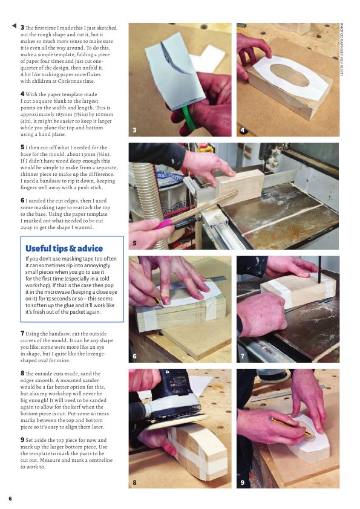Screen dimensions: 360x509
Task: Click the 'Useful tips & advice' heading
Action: (64, 248)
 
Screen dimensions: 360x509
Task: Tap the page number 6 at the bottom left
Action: (10, 498)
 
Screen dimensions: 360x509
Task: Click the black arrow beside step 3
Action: (14, 25)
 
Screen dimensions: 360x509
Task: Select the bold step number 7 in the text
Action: (22, 333)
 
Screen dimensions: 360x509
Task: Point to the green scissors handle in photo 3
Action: (188, 118)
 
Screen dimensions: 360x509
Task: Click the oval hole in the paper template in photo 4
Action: (289, 75)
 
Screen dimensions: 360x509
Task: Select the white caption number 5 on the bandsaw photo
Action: (134, 243)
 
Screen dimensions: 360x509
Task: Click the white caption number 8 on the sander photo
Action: (134, 482)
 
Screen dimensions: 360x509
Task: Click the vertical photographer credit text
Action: (341, 50)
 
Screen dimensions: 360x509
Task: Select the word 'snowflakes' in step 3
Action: (82, 74)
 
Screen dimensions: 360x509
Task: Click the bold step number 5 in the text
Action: (22, 147)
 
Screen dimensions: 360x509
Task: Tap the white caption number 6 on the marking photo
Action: (134, 356)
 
